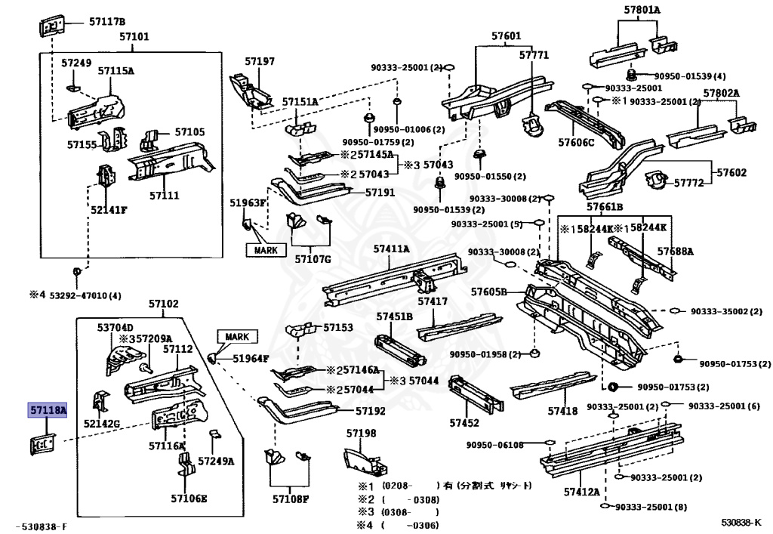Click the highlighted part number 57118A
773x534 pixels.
(x=48, y=410)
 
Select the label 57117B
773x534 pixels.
(x=107, y=21)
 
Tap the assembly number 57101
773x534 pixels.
(x=134, y=36)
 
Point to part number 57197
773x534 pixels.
(x=259, y=61)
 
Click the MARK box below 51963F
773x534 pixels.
(x=266, y=250)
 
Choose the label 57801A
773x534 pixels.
(x=642, y=10)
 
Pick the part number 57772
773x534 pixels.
(x=688, y=183)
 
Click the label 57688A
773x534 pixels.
(x=674, y=251)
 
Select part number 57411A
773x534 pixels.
(x=391, y=248)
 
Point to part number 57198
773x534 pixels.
(x=361, y=433)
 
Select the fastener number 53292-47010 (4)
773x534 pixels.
(x=75, y=295)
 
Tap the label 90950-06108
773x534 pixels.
(x=494, y=445)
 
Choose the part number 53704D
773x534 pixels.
(x=115, y=327)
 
